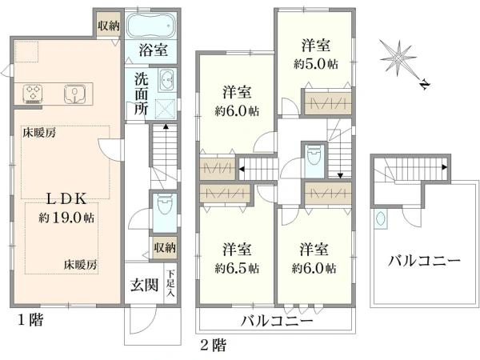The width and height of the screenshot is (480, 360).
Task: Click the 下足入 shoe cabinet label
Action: tap(170, 285)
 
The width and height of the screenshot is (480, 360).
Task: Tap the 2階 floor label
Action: tap(214, 345)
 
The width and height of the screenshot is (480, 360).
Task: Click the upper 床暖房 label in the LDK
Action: tap(38, 134)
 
